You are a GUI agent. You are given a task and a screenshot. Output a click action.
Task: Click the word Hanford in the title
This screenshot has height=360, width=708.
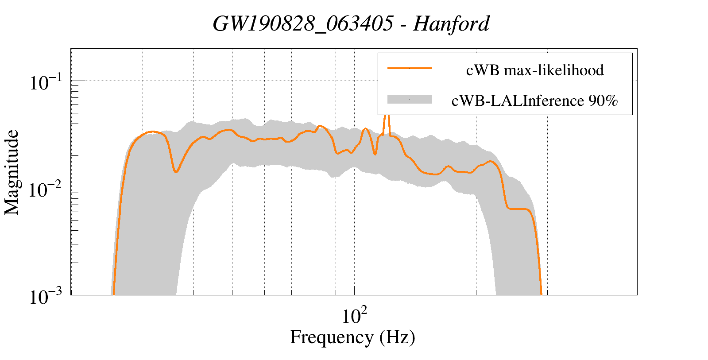tap(451, 23)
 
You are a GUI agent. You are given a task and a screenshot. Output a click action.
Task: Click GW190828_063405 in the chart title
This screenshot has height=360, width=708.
tap(302, 23)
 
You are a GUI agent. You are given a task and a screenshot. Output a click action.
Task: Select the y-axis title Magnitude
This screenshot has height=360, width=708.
tap(12, 172)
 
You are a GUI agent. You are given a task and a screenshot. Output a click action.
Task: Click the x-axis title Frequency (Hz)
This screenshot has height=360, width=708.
tap(352, 337)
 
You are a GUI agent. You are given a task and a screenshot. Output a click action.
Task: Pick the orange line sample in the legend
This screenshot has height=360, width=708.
tap(409, 68)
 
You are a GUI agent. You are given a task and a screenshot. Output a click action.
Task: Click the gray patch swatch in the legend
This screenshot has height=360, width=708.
tap(409, 100)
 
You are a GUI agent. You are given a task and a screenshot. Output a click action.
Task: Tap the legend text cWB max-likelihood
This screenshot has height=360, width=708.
tap(534, 70)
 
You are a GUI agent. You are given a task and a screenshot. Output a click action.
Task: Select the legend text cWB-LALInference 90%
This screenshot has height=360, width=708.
tap(534, 101)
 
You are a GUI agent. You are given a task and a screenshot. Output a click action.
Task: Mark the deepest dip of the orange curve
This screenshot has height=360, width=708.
tap(176, 171)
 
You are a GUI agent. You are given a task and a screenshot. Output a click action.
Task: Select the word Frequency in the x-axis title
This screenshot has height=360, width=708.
tap(331, 337)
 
